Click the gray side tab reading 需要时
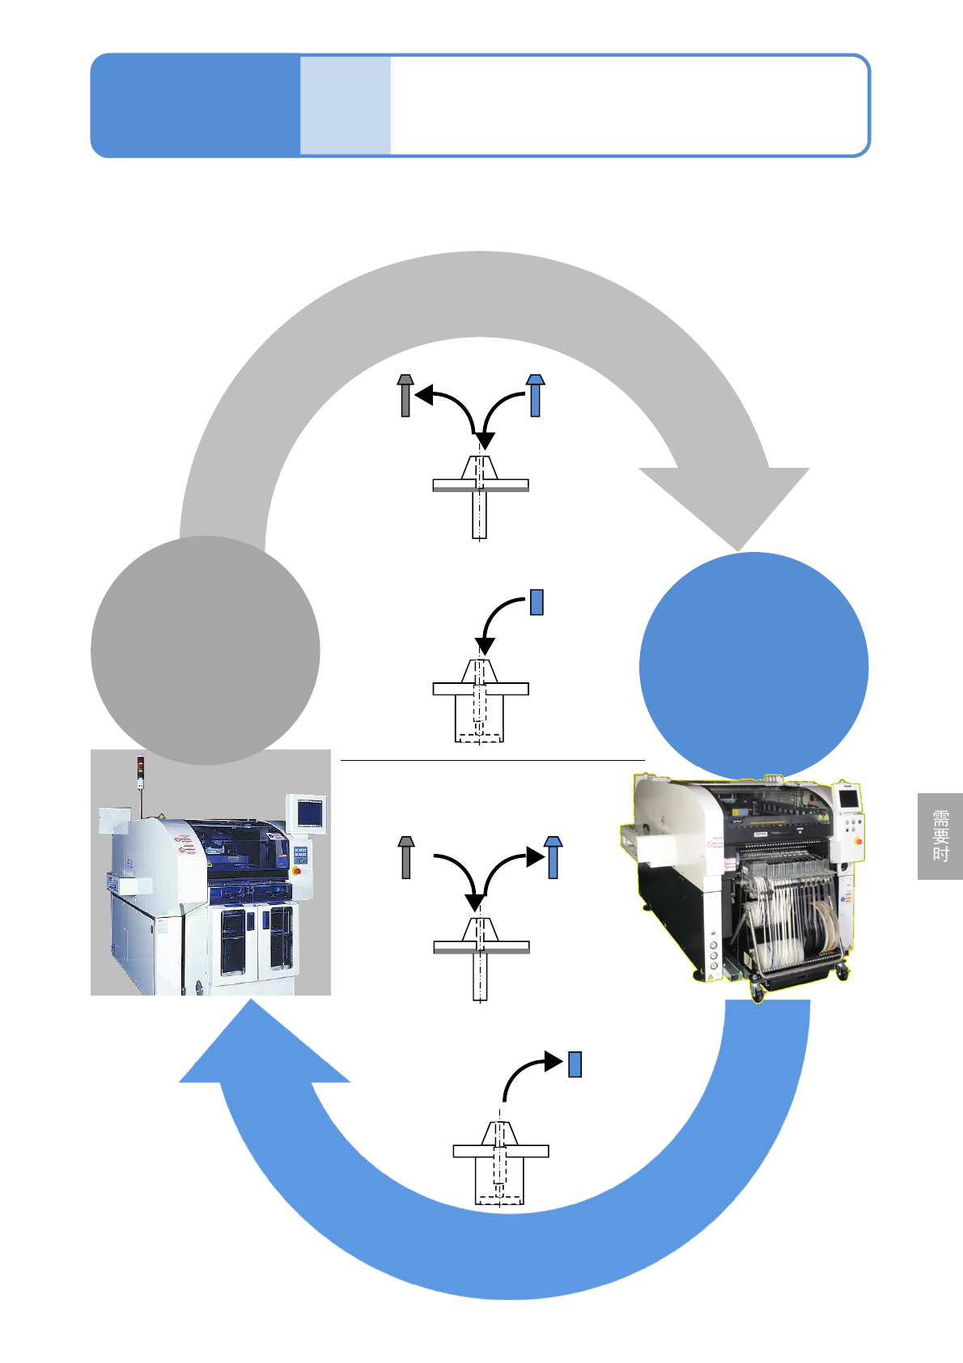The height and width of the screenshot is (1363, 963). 940,836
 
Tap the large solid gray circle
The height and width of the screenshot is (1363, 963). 205,650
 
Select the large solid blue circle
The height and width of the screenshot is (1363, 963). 753,666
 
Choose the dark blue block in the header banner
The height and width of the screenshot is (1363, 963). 195,105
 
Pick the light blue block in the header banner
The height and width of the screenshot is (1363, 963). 346,105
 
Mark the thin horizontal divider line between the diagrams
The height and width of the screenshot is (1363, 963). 492,761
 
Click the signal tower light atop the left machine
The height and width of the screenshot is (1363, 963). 141,764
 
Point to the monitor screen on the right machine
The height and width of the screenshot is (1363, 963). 848,798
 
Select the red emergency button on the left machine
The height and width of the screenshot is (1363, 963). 297,871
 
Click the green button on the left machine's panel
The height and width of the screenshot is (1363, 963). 302,861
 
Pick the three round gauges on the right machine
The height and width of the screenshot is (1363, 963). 714,955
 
